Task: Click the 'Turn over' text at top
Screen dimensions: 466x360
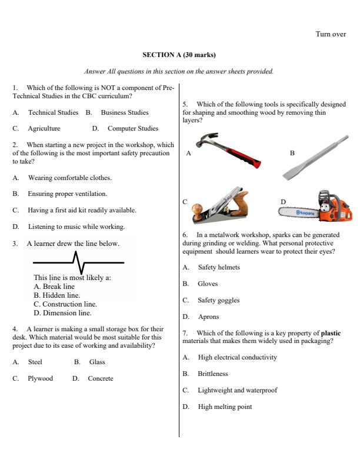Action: [331, 34]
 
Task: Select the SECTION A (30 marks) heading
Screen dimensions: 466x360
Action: [179, 55]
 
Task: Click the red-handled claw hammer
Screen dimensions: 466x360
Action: [226, 151]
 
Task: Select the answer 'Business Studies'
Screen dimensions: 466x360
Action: [124, 112]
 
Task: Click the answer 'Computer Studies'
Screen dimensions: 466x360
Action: [132, 128]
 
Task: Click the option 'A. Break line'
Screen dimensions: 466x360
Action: [54, 287]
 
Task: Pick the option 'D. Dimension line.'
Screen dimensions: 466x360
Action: [62, 313]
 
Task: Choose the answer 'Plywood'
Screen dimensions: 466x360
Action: [40, 378]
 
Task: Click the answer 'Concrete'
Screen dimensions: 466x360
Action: [101, 378]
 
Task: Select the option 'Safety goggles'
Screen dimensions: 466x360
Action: [219, 300]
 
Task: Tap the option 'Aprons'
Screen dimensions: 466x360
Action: [208, 317]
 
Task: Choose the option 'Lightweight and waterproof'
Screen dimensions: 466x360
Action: [238, 390]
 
